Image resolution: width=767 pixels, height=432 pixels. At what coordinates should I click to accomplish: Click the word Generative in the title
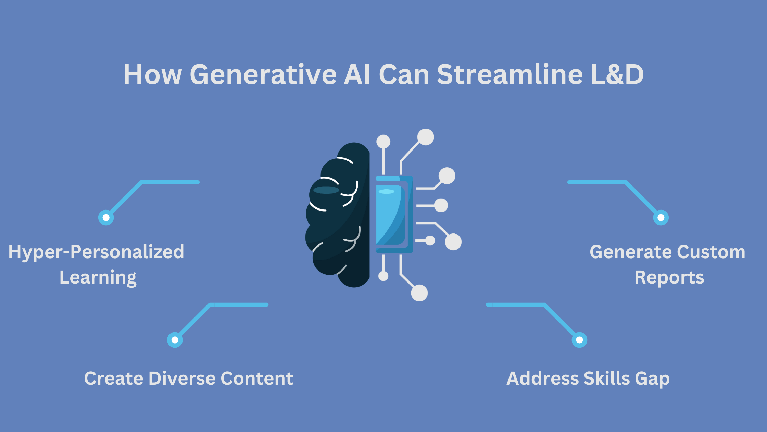point(263,74)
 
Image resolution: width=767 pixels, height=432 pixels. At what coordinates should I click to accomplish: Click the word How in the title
point(153,74)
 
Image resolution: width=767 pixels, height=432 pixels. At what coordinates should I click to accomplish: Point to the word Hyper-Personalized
point(96,252)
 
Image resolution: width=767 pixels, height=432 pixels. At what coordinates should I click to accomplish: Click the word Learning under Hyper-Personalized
point(98,278)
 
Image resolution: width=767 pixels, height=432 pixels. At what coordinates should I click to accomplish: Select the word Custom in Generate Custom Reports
point(711,252)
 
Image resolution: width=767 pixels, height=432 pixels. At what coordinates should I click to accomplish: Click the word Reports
point(669,278)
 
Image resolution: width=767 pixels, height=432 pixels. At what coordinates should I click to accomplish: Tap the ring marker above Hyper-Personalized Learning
point(106,217)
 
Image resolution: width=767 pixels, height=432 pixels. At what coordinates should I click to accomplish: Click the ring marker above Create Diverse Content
point(175,340)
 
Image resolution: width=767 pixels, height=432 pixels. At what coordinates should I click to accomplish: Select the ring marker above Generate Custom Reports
point(661,217)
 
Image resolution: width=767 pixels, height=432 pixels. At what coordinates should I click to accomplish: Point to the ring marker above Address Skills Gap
point(579,340)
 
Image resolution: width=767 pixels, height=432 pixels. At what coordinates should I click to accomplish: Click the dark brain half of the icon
point(339,215)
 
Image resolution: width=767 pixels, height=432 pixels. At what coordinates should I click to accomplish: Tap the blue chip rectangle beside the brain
point(394,214)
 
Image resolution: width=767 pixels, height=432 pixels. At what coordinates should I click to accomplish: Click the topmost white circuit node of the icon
point(426,137)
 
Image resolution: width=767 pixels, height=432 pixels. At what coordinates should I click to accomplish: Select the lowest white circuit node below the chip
point(419,293)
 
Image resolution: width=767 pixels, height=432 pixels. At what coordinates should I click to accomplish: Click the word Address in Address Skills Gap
point(543,379)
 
